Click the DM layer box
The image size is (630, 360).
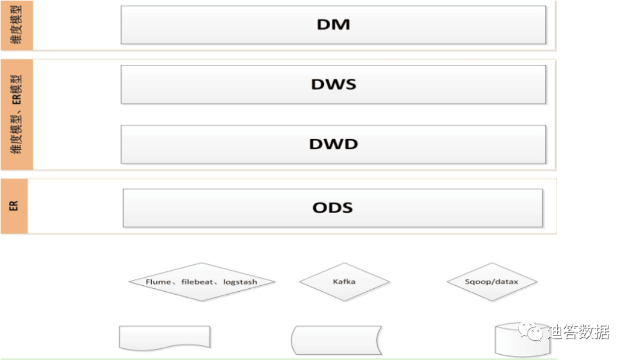pyautogui.click(x=333, y=25)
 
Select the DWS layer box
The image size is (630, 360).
pyautogui.click(x=333, y=85)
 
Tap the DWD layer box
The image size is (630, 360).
pyautogui.click(x=333, y=144)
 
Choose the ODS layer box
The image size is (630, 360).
pyautogui.click(x=333, y=208)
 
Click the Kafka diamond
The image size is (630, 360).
pyautogui.click(x=344, y=282)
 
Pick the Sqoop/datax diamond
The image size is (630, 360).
pyautogui.click(x=491, y=282)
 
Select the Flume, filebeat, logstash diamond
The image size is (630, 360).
pyautogui.click(x=201, y=282)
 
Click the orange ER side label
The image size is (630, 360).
pyautogui.click(x=14, y=206)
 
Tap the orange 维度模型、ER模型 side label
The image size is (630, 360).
pyautogui.click(x=17, y=114)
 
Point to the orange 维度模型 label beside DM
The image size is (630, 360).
pyautogui.click(x=17, y=25)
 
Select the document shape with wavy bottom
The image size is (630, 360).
pyautogui.click(x=164, y=338)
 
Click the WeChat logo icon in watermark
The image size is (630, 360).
pyautogui.click(x=533, y=333)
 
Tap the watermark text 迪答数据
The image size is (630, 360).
pyautogui.click(x=578, y=333)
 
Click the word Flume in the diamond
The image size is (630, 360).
pyautogui.click(x=158, y=282)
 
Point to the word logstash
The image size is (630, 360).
pyautogui.click(x=240, y=282)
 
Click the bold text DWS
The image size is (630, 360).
pyautogui.click(x=333, y=85)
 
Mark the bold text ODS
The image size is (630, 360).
pyautogui.click(x=333, y=208)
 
